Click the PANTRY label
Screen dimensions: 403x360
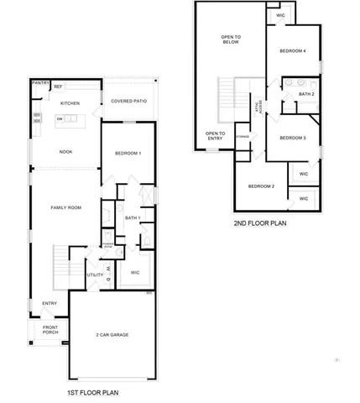click(x=39, y=83)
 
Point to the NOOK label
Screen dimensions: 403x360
click(x=65, y=152)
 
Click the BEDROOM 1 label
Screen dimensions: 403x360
click(x=128, y=153)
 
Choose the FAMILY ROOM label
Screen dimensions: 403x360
click(x=65, y=207)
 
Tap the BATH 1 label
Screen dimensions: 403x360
click(x=132, y=217)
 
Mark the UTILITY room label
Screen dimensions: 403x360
click(x=95, y=275)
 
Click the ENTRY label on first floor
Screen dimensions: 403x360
click(x=50, y=303)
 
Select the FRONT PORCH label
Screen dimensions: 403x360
click(x=50, y=330)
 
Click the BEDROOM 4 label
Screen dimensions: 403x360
click(x=293, y=51)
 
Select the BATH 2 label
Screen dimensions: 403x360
click(x=305, y=94)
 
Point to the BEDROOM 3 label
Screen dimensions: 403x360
click(x=292, y=138)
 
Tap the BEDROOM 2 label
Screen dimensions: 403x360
click(x=262, y=186)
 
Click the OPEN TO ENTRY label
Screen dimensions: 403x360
click(x=215, y=136)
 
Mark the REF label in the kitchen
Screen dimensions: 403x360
click(x=58, y=86)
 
